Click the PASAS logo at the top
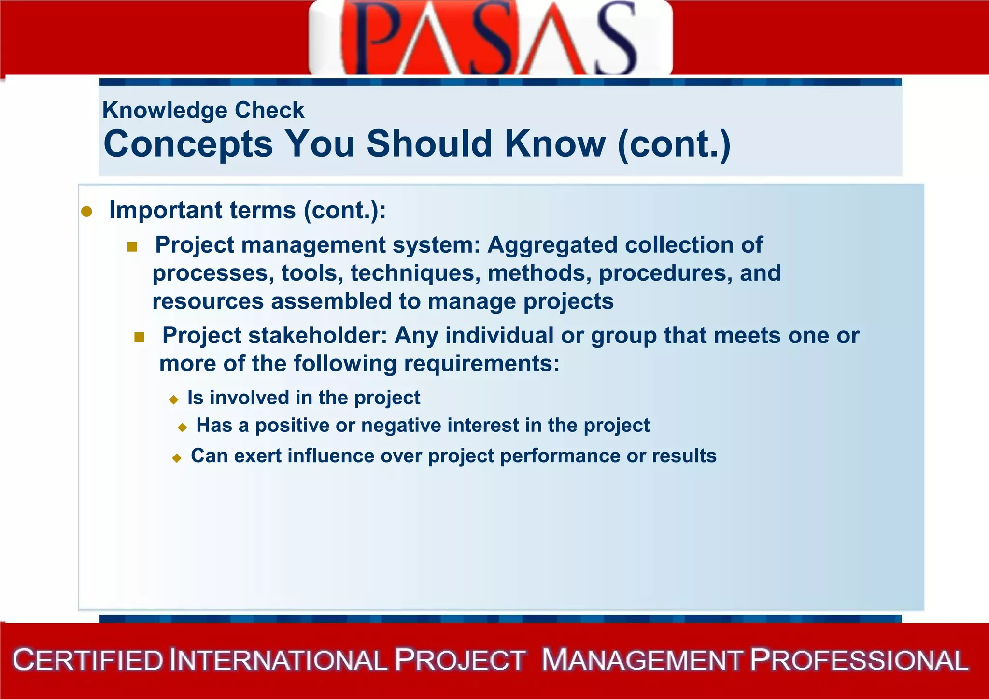point(490,38)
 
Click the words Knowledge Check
point(203,110)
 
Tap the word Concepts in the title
point(188,144)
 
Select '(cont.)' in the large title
point(674,144)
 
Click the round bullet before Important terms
point(86,212)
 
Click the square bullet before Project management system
point(132,247)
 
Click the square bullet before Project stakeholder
point(139,337)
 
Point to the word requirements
point(481,363)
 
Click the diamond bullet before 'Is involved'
point(174,399)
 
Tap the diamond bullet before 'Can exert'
point(177,458)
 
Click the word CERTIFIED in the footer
point(88,660)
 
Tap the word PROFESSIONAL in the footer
point(859,660)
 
